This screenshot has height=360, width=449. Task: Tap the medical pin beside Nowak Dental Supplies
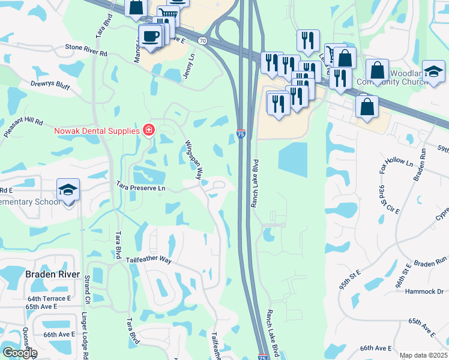coord(148,130)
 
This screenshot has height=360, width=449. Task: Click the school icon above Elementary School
coord(68,190)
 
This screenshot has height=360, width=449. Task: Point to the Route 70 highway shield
coord(203,41)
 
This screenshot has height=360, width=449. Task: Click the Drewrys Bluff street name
coord(50,86)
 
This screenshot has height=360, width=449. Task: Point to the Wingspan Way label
coord(192,160)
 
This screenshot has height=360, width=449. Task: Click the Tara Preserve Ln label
coord(140,188)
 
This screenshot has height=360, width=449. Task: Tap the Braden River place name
coord(53,274)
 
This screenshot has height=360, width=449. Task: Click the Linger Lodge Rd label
coord(85,335)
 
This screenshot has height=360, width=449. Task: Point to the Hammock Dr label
coord(423,292)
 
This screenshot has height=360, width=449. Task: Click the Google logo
coord(20,353)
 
